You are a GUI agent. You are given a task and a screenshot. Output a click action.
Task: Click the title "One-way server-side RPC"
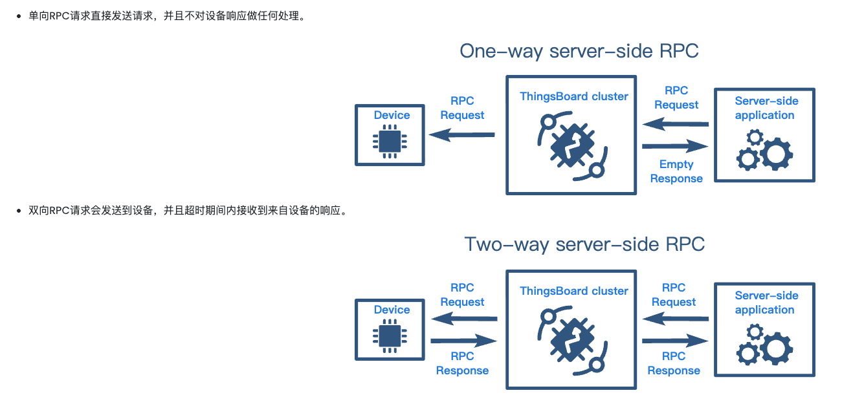579,51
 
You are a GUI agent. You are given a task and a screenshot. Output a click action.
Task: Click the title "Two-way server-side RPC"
584,244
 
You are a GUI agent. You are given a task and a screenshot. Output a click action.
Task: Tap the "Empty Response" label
676,171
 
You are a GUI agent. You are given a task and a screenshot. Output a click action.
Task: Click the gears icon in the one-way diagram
764,150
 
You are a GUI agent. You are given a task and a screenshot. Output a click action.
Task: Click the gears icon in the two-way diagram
764,345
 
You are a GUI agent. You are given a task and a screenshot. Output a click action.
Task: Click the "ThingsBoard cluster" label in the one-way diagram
573,96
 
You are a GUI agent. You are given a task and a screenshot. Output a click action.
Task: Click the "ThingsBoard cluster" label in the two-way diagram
573,291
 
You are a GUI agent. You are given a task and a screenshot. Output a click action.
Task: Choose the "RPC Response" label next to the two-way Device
462,363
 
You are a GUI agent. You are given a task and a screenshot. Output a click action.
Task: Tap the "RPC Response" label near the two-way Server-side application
674,363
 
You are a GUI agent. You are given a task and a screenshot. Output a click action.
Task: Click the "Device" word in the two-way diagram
392,310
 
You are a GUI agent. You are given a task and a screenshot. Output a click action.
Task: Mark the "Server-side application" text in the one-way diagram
766,108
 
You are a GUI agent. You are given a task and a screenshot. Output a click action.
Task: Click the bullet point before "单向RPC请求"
19,17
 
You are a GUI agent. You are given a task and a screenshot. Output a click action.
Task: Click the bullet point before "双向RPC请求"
19,211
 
